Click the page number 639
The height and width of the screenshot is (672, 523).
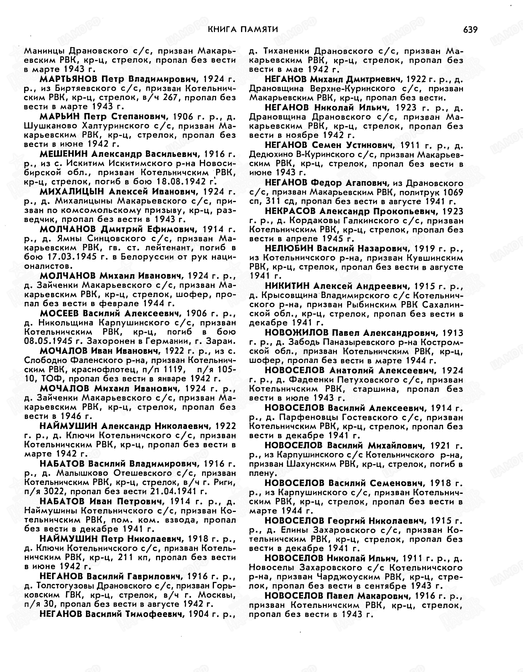pyautogui.click(x=470, y=30)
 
